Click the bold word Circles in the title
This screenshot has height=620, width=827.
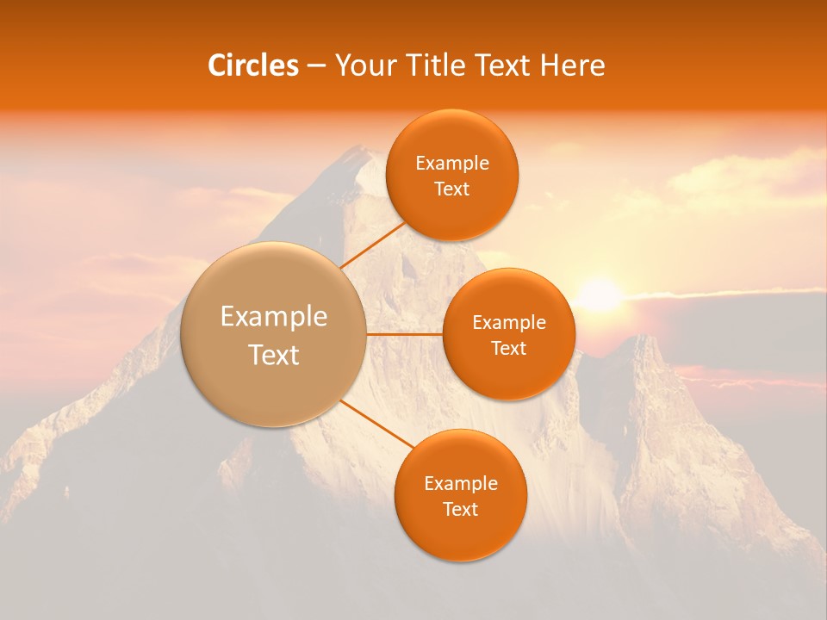(x=252, y=65)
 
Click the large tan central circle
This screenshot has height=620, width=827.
(x=273, y=379)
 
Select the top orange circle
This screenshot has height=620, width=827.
(x=451, y=211)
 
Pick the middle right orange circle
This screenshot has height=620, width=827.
(x=509, y=375)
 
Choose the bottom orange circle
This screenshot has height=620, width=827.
(x=461, y=534)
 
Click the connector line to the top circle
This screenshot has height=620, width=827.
(x=372, y=245)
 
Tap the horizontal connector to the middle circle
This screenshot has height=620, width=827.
(x=404, y=333)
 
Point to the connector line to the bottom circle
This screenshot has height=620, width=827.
(x=379, y=425)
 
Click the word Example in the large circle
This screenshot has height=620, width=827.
(x=274, y=317)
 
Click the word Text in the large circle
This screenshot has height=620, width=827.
(x=274, y=355)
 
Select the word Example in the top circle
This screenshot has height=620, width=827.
(x=452, y=164)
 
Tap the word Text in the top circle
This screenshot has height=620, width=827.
(x=452, y=189)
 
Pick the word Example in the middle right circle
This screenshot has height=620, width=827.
(x=509, y=323)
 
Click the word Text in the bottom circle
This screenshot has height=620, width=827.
(x=461, y=510)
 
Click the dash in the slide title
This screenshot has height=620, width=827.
(x=316, y=65)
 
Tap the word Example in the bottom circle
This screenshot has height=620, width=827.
(x=461, y=484)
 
